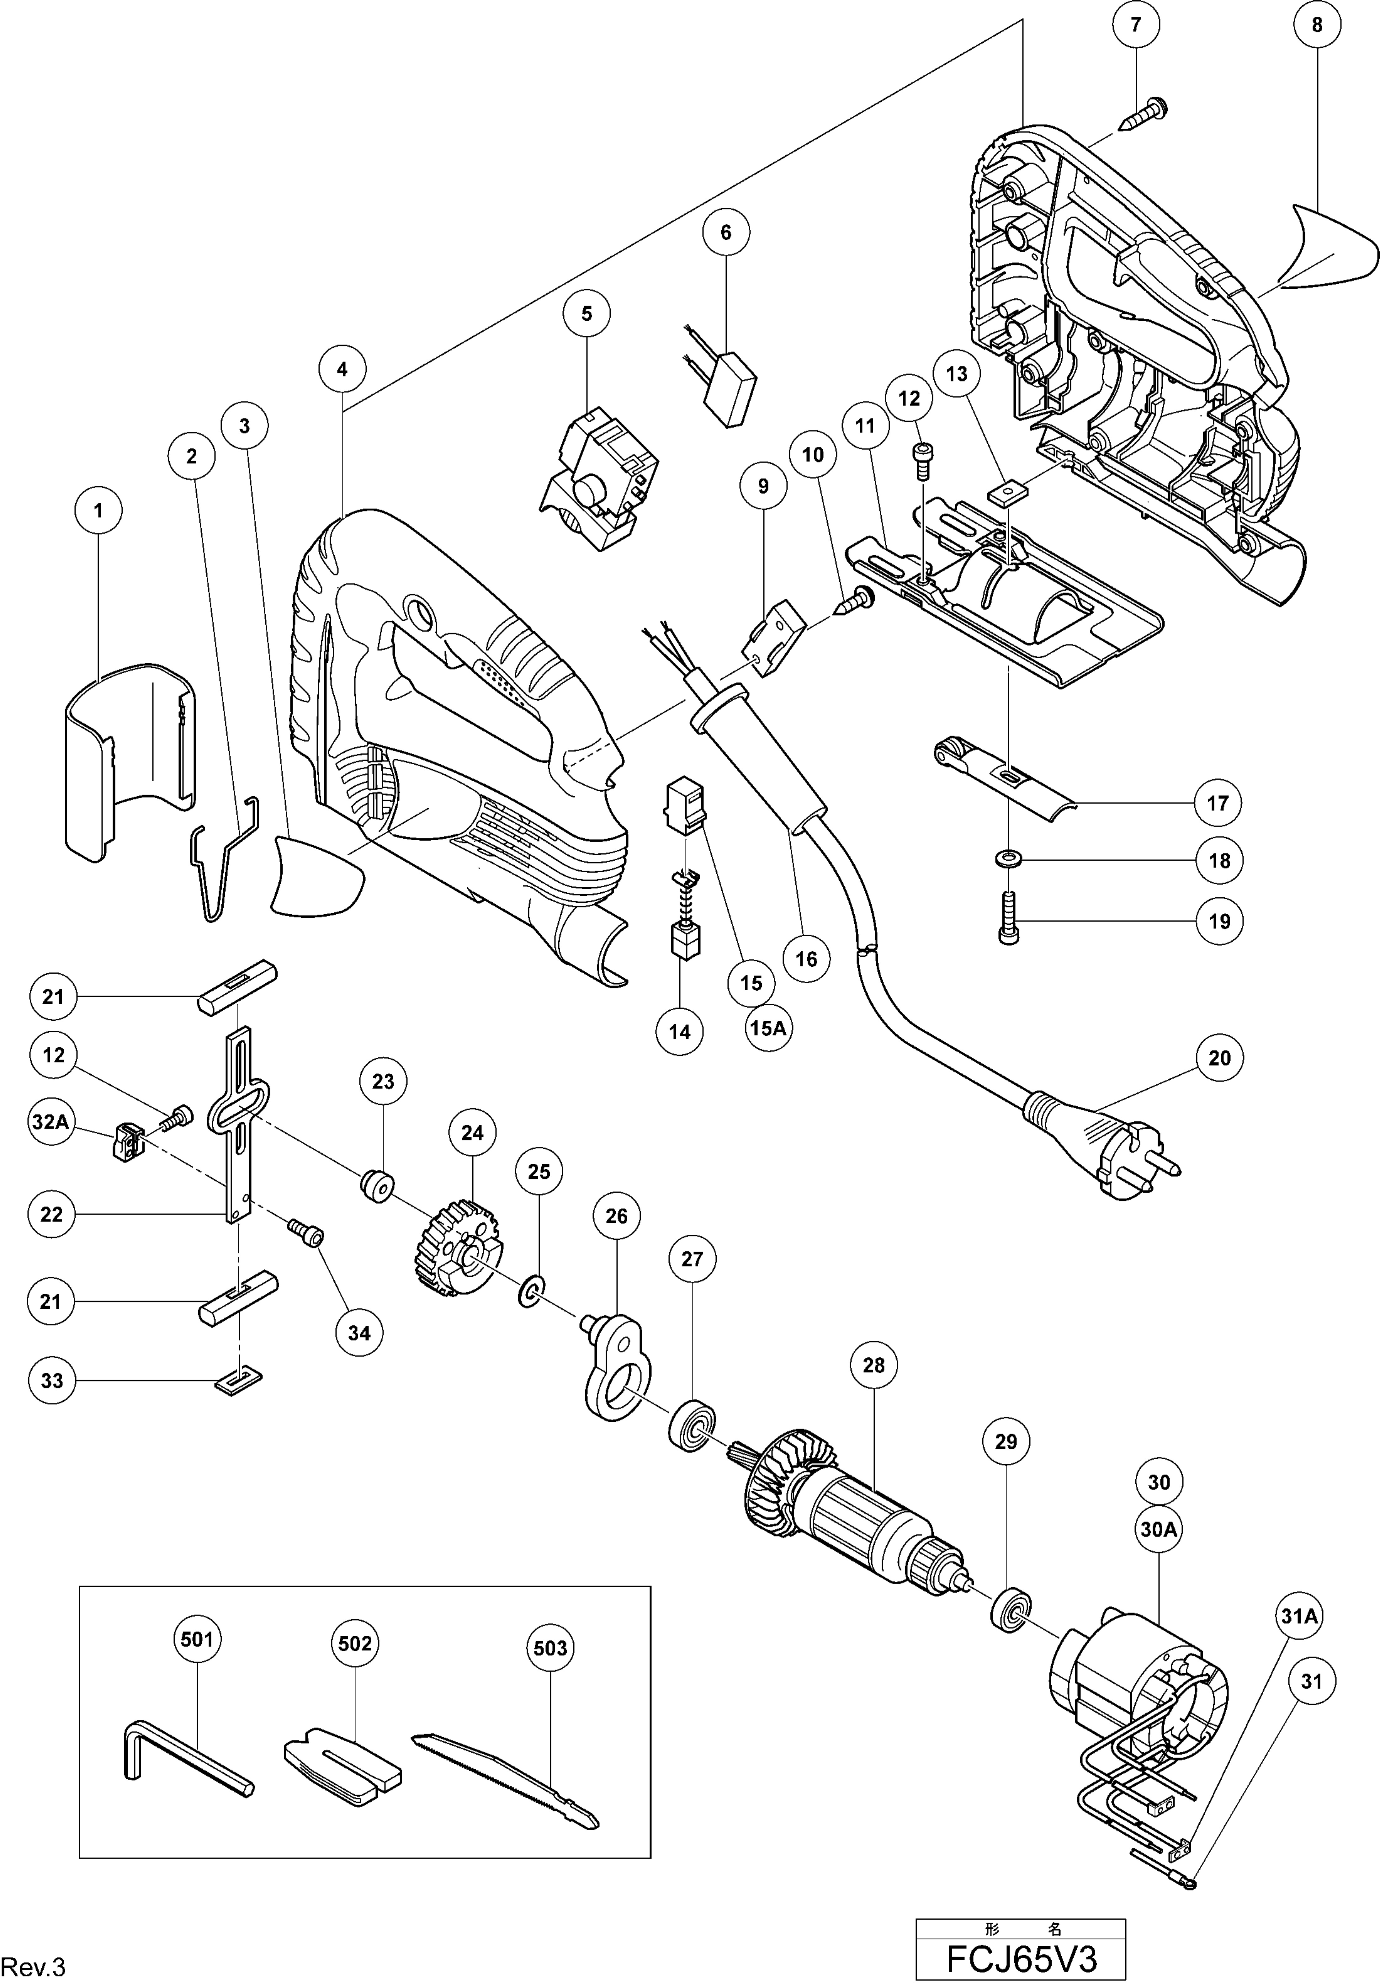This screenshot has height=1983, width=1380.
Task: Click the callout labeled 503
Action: (550, 1648)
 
